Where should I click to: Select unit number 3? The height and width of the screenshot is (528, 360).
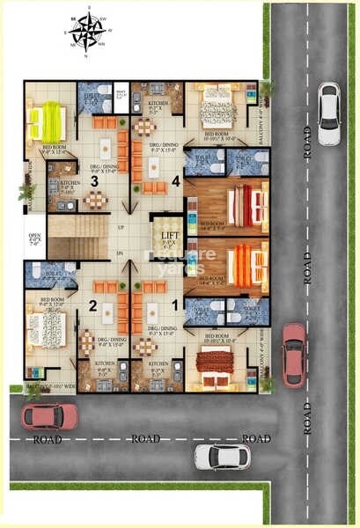[93, 181]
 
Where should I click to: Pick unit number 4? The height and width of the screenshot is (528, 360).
[176, 181]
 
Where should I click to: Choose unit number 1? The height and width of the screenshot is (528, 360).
[173, 304]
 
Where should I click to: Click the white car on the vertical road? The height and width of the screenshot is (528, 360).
[328, 114]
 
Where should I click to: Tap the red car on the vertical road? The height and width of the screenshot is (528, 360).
[293, 355]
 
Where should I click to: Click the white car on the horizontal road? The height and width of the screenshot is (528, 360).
[222, 456]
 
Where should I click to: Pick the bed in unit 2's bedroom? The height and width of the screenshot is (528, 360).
[42, 328]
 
